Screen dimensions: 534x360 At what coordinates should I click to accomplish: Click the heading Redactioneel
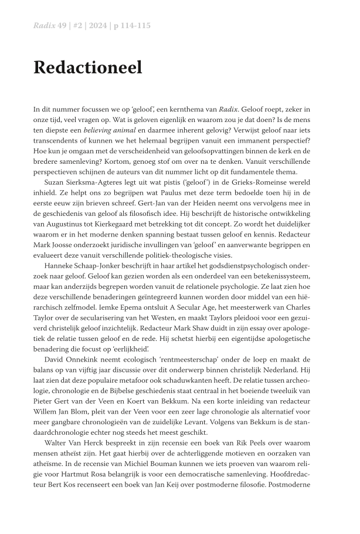pos(87,67)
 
